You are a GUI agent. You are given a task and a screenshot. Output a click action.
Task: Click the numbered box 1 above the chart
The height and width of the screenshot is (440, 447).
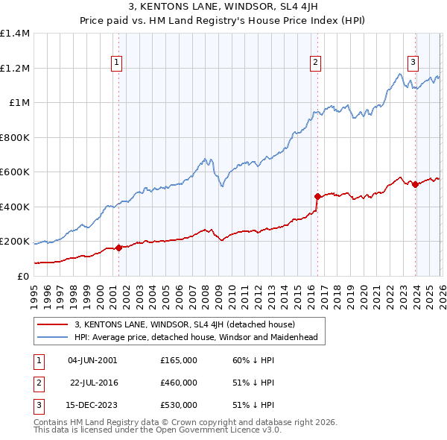tap(118, 63)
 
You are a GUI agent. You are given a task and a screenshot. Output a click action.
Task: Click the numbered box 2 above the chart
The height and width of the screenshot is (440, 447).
tap(316, 63)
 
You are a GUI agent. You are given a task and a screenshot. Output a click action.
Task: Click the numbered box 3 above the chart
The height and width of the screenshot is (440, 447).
tap(413, 63)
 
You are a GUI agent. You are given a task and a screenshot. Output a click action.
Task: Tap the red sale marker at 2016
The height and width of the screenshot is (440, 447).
tap(317, 197)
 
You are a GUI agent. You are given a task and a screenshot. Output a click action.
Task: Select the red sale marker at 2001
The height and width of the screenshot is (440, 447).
tap(118, 248)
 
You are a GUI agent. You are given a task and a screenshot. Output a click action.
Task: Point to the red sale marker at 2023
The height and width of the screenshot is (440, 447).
tap(415, 185)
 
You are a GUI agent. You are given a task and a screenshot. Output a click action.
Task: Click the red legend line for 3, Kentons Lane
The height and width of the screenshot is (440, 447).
tap(53, 324)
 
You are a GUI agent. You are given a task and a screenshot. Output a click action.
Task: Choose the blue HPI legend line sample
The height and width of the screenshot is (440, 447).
tap(53, 337)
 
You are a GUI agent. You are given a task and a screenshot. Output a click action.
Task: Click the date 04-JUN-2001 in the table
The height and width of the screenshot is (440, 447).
tap(92, 360)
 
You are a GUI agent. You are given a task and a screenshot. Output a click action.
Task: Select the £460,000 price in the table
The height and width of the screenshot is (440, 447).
tap(178, 383)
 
